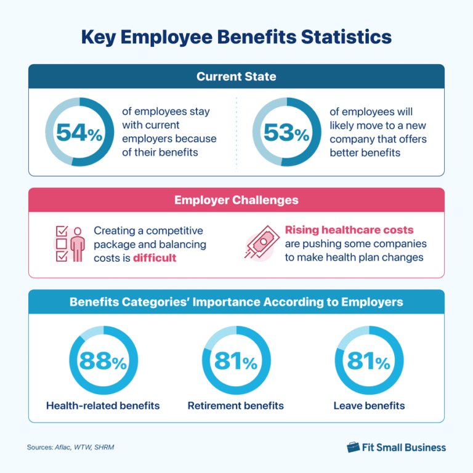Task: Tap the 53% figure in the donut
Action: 286,132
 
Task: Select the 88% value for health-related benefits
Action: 103,362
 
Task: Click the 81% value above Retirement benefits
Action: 236,362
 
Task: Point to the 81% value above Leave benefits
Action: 369,362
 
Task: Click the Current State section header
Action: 236,77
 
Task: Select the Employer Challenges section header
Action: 236,200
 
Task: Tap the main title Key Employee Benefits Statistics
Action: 236,37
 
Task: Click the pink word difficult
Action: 155,258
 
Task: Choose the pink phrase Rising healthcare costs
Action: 349,230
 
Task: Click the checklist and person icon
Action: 69,243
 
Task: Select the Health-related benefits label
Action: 103,405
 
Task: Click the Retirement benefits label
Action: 236,405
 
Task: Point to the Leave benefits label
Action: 369,405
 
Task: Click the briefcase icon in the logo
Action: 353,447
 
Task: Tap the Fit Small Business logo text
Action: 404,447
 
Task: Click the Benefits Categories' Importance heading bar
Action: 236,302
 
